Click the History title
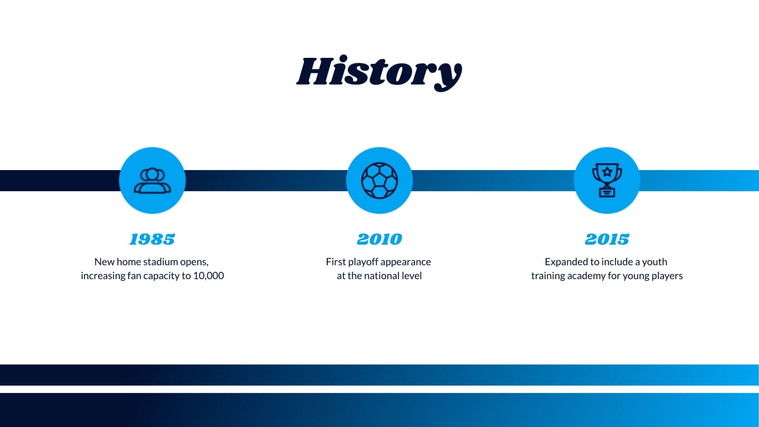click(379, 72)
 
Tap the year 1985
click(152, 239)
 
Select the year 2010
click(379, 239)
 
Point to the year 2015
click(607, 239)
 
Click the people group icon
click(152, 181)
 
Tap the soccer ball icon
click(379, 181)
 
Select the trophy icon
click(607, 181)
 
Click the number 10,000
click(208, 276)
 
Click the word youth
click(655, 262)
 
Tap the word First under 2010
click(336, 262)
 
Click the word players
click(666, 276)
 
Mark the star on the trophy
click(607, 171)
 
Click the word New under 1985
click(104, 262)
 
